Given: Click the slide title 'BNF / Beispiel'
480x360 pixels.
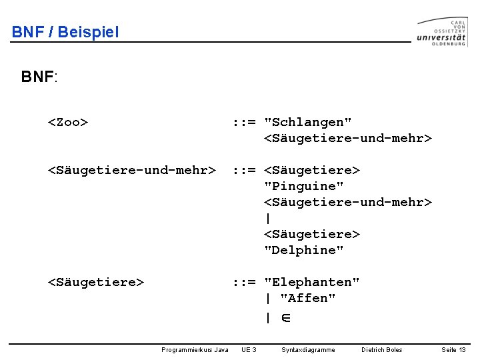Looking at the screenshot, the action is pyautogui.click(x=65, y=32).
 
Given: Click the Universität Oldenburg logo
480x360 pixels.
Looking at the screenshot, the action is pyautogui.click(x=442, y=32).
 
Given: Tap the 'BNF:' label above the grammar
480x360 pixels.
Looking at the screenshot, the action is pyautogui.click(x=39, y=77).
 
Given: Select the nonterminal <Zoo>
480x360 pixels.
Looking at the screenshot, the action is pyautogui.click(x=68, y=122).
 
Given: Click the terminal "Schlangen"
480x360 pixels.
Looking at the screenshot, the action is pyautogui.click(x=308, y=122).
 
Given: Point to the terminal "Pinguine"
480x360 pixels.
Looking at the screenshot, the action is pyautogui.click(x=304, y=186).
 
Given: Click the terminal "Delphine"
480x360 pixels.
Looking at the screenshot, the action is pyautogui.click(x=304, y=250).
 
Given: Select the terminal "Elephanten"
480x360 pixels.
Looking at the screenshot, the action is pyautogui.click(x=312, y=282).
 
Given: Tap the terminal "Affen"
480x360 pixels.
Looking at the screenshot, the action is pyautogui.click(x=308, y=298).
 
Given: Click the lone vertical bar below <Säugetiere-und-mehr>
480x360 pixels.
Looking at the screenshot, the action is pyautogui.click(x=268, y=218).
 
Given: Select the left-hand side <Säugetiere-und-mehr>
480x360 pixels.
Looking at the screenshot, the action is pyautogui.click(x=132, y=170).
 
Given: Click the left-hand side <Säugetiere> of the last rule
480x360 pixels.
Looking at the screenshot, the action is pyautogui.click(x=96, y=282).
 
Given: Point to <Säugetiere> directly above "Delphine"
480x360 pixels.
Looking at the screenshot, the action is pyautogui.click(x=312, y=234).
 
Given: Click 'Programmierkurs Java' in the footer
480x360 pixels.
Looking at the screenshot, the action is pyautogui.click(x=195, y=349).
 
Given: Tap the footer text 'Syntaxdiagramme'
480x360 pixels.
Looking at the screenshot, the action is pyautogui.click(x=309, y=349).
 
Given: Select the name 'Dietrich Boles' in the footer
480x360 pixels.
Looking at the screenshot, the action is pyautogui.click(x=382, y=349).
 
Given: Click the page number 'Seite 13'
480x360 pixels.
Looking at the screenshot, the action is pyautogui.click(x=453, y=349).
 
